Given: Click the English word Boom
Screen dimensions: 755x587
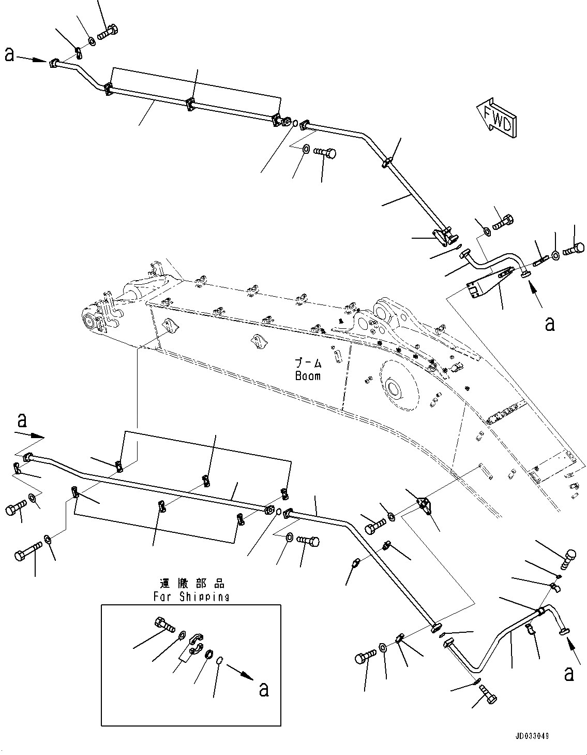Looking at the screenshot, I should coord(308,376).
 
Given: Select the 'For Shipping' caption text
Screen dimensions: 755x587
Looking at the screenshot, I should coord(191,596).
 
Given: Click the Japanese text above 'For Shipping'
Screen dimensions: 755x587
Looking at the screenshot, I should coord(192,584).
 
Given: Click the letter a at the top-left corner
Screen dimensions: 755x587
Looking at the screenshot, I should coord(9,54).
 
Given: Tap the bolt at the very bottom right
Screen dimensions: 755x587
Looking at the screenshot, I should coord(487,694).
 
